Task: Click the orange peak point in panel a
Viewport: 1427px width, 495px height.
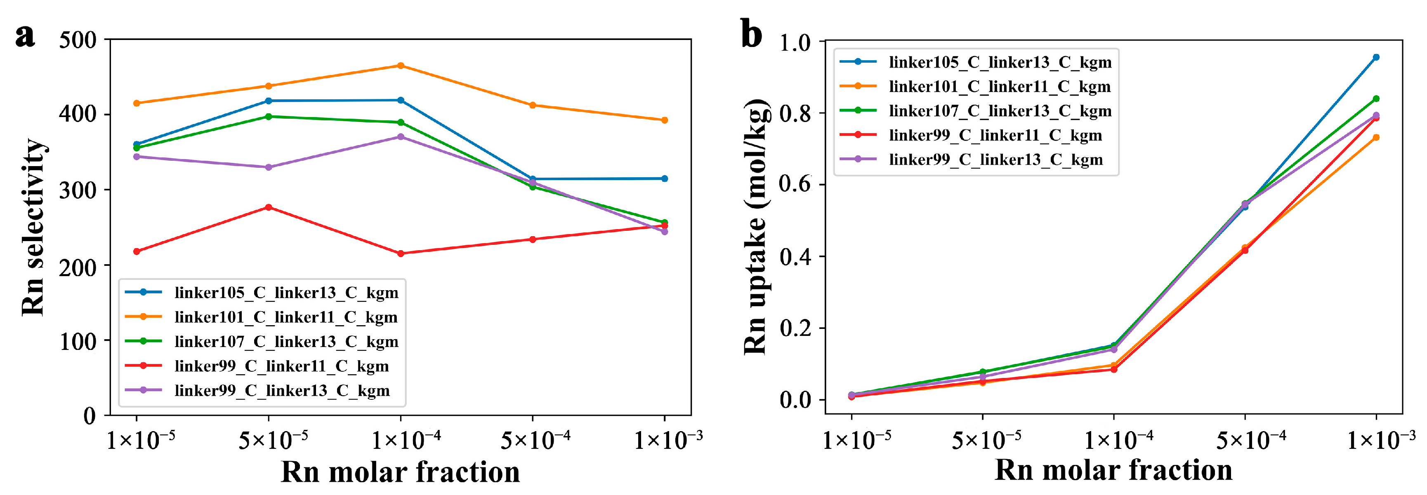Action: point(401,66)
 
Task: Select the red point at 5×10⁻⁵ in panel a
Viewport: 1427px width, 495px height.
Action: point(269,207)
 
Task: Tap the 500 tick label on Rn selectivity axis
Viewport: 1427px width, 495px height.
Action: point(78,40)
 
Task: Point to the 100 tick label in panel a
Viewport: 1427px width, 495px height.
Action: point(78,342)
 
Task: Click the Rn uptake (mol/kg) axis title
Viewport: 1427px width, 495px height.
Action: point(756,227)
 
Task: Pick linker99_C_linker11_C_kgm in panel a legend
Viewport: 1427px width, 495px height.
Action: point(281,366)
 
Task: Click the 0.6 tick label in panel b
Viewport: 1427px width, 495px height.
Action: point(795,184)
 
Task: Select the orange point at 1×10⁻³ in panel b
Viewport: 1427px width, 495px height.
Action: point(1376,137)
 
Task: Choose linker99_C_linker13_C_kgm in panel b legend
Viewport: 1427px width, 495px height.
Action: point(995,160)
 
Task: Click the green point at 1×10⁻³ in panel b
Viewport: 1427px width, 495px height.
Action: point(1376,99)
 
